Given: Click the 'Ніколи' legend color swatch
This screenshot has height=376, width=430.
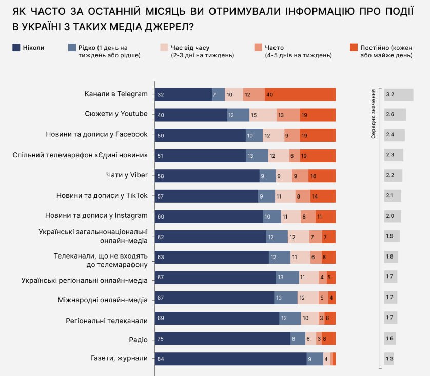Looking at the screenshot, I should (16, 48).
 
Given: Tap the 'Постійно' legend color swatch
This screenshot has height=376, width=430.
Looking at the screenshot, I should (354, 48).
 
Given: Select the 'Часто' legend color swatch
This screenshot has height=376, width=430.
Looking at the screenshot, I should (259, 48).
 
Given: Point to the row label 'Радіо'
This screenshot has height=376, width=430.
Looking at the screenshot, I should (138, 340).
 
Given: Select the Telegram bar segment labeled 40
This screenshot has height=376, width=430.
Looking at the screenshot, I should (300, 94).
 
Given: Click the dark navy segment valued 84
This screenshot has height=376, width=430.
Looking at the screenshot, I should (231, 359).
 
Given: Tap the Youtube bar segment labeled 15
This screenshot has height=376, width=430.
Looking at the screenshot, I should (263, 115).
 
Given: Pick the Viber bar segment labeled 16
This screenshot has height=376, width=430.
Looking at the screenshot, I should (322, 176).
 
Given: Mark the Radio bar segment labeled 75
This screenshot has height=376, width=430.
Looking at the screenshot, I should (223, 339).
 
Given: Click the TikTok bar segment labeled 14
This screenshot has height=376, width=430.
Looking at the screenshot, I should (323, 196).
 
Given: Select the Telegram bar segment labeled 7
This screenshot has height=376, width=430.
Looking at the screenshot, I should (219, 94).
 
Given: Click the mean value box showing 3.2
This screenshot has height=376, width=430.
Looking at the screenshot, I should (399, 95).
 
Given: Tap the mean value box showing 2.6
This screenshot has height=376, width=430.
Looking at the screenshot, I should (395, 115).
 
